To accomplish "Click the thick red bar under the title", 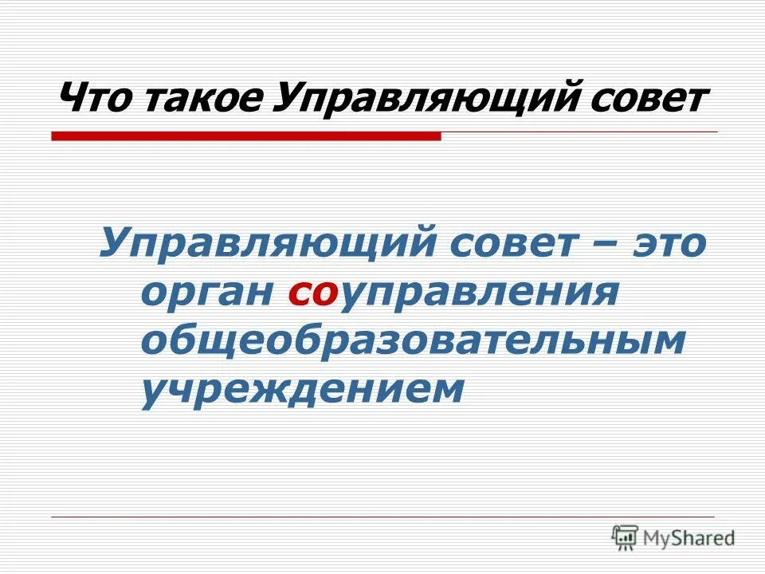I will click(x=246, y=136).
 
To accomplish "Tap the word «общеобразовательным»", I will click(x=413, y=341).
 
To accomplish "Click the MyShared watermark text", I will click(x=689, y=537).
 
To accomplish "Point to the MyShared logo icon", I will click(x=625, y=537).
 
